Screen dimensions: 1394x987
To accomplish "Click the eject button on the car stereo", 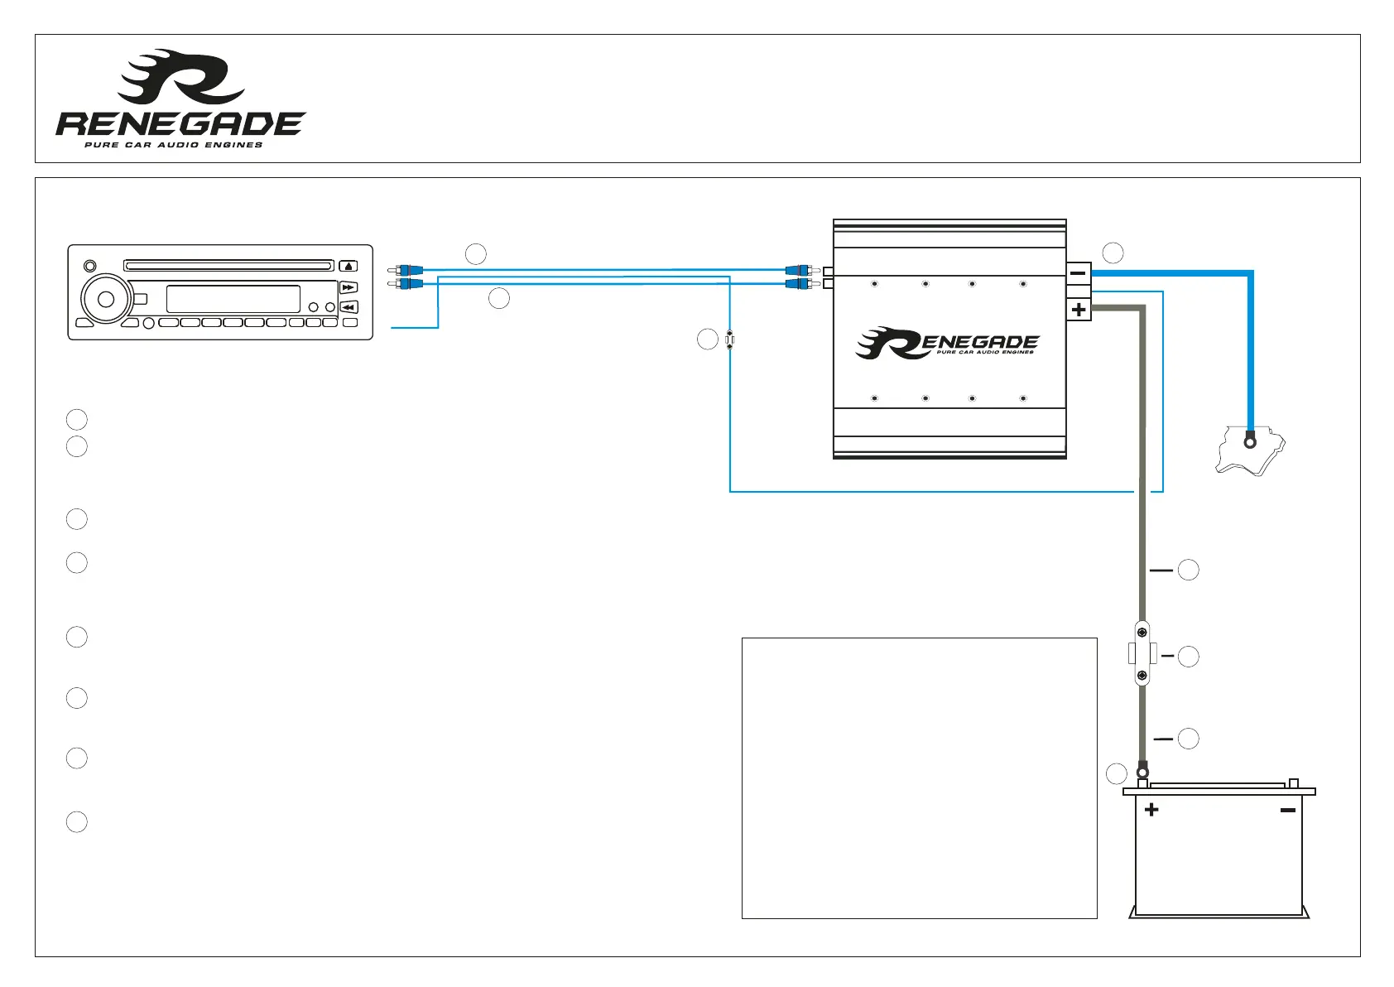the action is [x=348, y=267].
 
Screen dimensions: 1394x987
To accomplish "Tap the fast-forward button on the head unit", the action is [x=348, y=287].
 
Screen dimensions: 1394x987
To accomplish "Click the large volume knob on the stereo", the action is [x=106, y=300].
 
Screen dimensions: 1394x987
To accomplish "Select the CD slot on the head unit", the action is [x=228, y=266].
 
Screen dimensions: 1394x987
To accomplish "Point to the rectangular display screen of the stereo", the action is [x=233, y=300].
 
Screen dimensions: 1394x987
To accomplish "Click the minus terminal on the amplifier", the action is [x=1079, y=273].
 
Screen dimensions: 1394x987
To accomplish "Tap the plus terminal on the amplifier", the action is [x=1079, y=310].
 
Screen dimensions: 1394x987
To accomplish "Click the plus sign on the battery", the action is [x=1151, y=809].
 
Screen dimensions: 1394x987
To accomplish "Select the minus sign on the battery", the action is [x=1287, y=810].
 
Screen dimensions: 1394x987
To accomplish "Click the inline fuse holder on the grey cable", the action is [x=1142, y=653].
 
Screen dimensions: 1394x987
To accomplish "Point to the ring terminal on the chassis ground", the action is [x=1250, y=442].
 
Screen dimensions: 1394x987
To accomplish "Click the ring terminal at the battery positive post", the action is [x=1142, y=773].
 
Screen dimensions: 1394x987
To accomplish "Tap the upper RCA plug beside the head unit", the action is [x=405, y=270].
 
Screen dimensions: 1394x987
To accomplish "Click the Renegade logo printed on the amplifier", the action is [x=947, y=343].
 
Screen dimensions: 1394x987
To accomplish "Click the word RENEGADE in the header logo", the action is [x=180, y=124].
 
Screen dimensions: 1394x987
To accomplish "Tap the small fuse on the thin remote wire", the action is [x=729, y=339].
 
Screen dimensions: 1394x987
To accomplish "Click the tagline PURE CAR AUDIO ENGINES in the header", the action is [x=174, y=145].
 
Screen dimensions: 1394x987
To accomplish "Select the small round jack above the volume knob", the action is [x=89, y=267].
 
